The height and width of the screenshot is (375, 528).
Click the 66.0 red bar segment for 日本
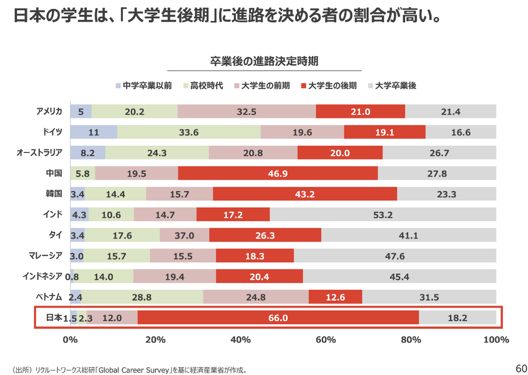[278, 318]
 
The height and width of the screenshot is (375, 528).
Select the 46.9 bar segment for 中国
[278, 173]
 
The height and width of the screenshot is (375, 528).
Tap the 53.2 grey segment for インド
[383, 215]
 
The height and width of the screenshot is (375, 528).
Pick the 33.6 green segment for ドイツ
[189, 132]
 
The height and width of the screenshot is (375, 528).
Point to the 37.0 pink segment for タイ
[184, 235]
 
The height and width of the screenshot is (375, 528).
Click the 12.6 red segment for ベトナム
[335, 297]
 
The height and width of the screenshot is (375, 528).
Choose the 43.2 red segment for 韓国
[305, 194]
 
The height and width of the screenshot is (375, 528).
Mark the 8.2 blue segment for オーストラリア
[88, 153]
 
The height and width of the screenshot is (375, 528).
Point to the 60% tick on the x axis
[326, 340]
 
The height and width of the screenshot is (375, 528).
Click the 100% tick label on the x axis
[496, 340]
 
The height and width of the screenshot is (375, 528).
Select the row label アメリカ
[49, 111]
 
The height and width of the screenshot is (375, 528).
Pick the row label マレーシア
[45, 255]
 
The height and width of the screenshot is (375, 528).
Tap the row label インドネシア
[42, 276]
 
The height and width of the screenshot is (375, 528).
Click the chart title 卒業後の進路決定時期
[264, 61]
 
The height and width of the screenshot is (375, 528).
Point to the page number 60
[521, 368]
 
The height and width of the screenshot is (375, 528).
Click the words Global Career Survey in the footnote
[134, 370]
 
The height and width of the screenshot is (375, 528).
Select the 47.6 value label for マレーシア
[395, 256]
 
